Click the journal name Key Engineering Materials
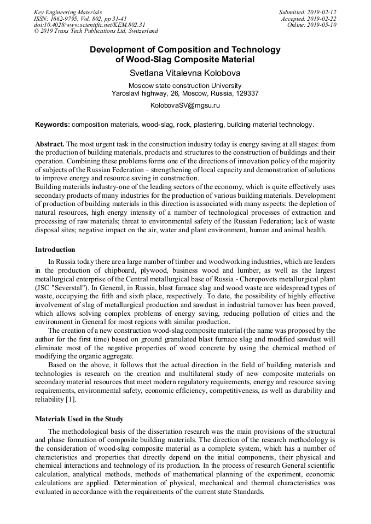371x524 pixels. [x=68, y=12]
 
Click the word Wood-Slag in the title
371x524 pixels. [x=145, y=60]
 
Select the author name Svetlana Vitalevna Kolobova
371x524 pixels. [x=185, y=73]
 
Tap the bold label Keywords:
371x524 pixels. [x=53, y=125]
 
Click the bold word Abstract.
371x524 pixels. [x=50, y=143]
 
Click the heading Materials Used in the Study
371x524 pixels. [x=79, y=419]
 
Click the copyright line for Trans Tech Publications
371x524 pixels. [x=96, y=31]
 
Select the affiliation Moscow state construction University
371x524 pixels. [x=185, y=85]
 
